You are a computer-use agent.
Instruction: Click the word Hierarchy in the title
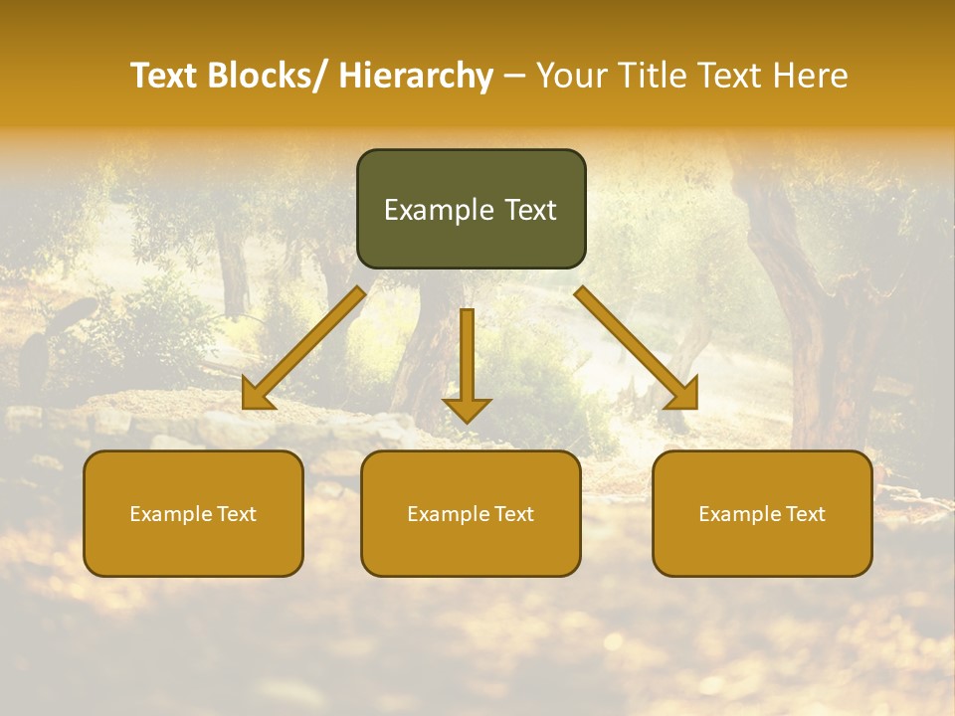[x=416, y=77]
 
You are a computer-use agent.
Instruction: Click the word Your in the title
[x=572, y=77]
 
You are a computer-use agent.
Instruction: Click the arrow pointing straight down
[x=467, y=358]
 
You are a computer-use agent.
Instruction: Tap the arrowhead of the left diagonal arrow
[x=257, y=396]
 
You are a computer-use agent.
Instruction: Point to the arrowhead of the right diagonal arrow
[x=684, y=394]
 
